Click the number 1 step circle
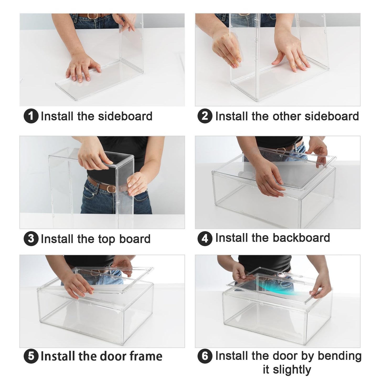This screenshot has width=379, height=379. (x=31, y=116)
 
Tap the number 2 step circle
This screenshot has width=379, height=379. (x=205, y=116)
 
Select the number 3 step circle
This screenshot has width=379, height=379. (x=31, y=239)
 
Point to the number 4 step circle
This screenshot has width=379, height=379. (x=205, y=239)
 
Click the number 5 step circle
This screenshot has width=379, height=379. (x=31, y=356)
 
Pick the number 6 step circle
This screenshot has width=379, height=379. (x=205, y=356)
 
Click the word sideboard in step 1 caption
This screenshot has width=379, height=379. (x=125, y=116)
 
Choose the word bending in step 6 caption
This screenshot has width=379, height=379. (x=339, y=356)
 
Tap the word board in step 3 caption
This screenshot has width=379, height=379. (x=135, y=239)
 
